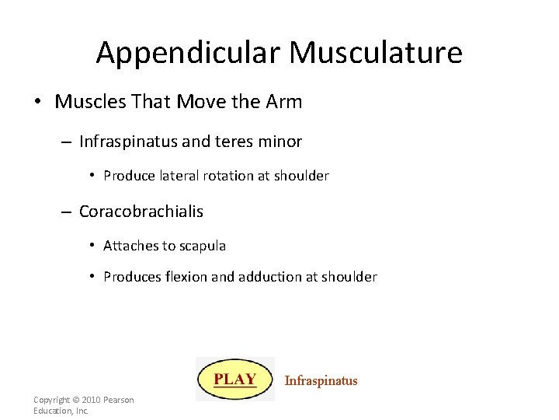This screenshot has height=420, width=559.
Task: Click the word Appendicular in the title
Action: click(x=189, y=53)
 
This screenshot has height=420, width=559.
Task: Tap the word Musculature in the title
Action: click(x=376, y=53)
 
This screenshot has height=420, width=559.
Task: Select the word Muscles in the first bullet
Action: click(x=86, y=102)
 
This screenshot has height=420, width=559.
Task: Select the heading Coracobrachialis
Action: click(x=141, y=211)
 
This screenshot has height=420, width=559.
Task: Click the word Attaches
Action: click(x=130, y=246)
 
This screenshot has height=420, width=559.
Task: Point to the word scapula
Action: click(x=202, y=246)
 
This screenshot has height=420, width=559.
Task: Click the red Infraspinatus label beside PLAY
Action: click(x=321, y=381)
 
